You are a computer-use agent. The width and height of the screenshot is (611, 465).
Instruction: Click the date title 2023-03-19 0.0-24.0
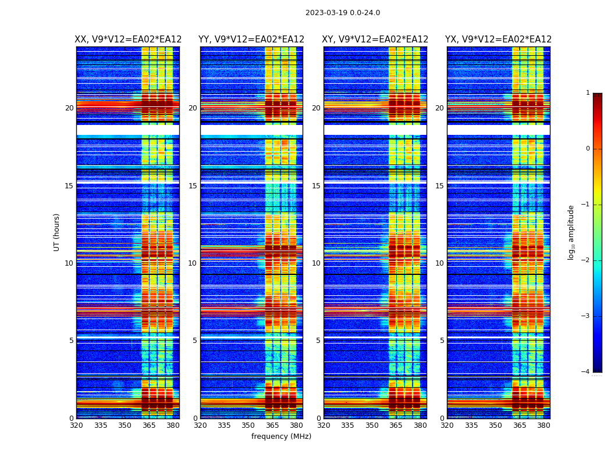click(x=343, y=13)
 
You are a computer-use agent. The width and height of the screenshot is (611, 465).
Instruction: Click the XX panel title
click(x=128, y=40)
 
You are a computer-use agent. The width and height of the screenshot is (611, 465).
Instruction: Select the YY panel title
click(x=251, y=40)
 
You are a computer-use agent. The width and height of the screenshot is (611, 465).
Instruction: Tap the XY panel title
click(x=375, y=40)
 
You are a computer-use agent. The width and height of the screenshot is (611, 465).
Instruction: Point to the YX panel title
click(x=499, y=40)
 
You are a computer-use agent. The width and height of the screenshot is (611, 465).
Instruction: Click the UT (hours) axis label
click(x=57, y=232)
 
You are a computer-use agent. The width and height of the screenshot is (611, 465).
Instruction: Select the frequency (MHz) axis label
click(x=281, y=437)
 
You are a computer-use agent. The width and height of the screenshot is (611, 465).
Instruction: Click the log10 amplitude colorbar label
click(x=571, y=232)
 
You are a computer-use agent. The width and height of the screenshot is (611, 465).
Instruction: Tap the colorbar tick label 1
click(x=588, y=93)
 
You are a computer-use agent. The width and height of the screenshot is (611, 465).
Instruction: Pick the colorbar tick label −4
click(x=586, y=372)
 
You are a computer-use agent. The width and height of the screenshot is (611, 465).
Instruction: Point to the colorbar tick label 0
click(x=588, y=149)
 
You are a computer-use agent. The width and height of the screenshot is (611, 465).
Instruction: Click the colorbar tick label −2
click(x=586, y=260)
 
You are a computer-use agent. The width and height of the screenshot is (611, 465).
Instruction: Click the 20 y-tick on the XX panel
click(x=69, y=108)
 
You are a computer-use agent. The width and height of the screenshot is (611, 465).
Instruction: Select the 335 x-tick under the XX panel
click(x=101, y=425)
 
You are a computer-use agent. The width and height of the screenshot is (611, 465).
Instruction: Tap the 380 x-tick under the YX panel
click(x=543, y=425)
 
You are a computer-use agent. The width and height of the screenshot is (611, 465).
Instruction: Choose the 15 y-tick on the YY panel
click(x=193, y=186)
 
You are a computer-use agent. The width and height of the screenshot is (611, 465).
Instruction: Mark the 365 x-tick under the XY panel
click(x=396, y=425)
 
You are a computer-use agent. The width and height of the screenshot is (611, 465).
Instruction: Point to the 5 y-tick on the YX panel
click(x=442, y=341)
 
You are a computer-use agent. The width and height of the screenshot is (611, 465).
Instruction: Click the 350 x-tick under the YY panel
click(x=248, y=425)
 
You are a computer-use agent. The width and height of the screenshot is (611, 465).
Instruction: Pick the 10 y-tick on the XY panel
click(x=316, y=263)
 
